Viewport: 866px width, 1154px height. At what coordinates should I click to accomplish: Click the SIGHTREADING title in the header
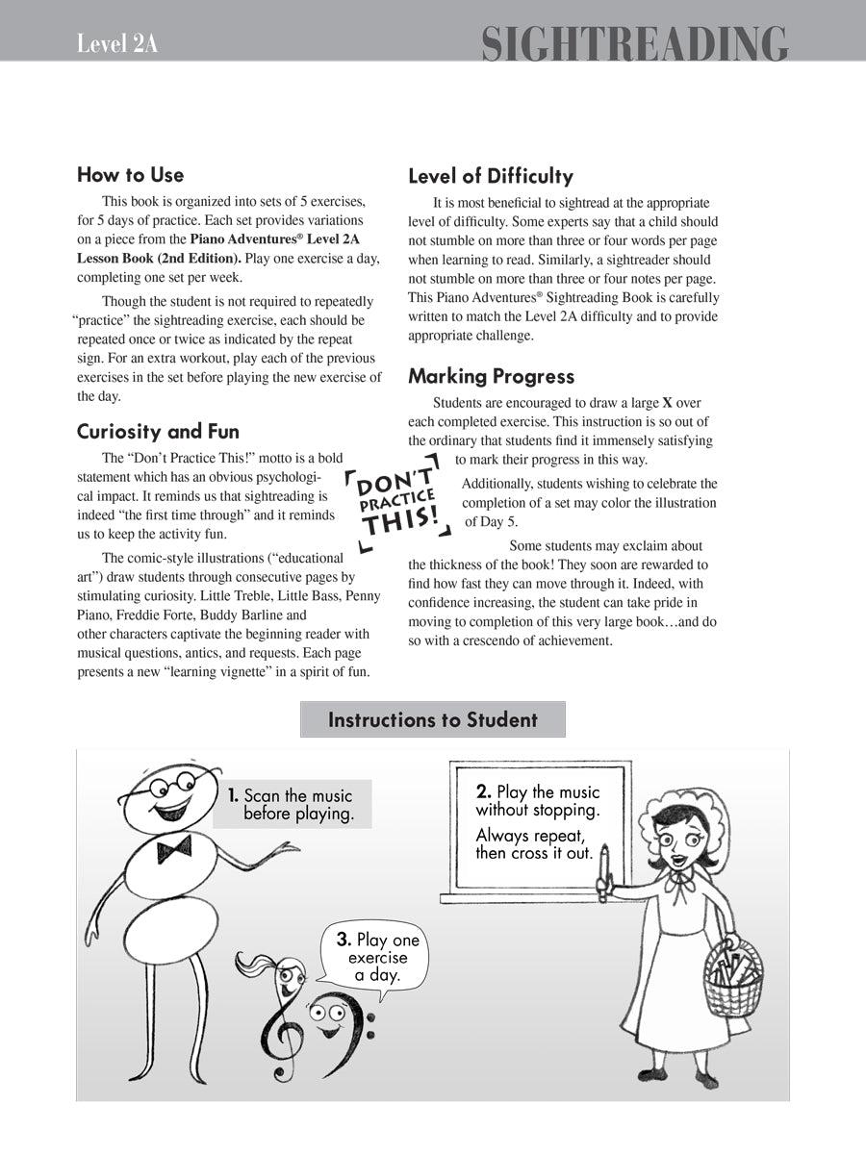coord(634,44)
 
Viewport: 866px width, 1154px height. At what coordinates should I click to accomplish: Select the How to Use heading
coord(130,175)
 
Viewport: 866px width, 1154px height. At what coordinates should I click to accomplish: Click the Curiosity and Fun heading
coord(158,431)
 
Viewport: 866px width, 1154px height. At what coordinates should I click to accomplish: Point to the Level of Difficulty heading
coord(490,176)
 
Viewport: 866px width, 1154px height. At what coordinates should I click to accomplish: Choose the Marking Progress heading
coord(491,376)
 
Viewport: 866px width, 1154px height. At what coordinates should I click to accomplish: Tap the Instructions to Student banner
coord(432,719)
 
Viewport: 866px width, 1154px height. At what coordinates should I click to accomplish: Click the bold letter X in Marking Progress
coord(667,403)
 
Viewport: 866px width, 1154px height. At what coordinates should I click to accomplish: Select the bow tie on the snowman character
coord(174,847)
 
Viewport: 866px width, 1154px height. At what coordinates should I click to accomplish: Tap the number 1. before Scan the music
coord(233,795)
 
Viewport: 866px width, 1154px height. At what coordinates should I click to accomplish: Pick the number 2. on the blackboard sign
coord(484,792)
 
